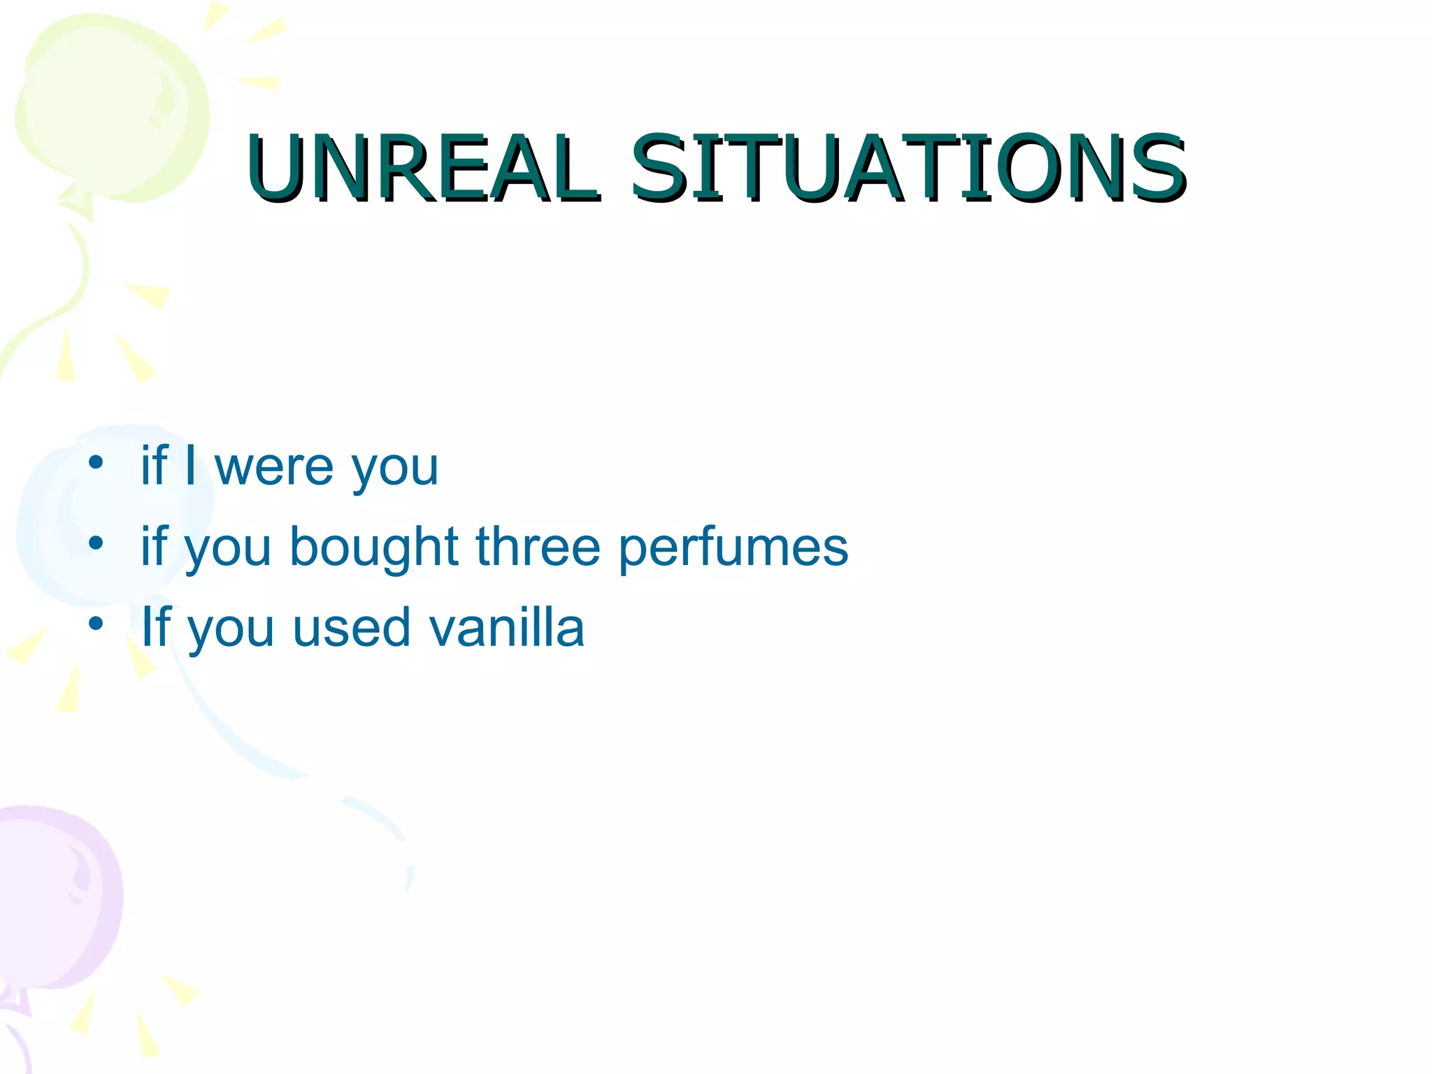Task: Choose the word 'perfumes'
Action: point(733,548)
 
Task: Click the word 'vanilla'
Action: point(506,627)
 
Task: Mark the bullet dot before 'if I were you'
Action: point(96,462)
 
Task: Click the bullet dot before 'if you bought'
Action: point(96,543)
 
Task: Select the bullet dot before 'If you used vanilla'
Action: point(96,623)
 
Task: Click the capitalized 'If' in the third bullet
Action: point(156,626)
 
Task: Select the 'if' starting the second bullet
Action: point(155,545)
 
